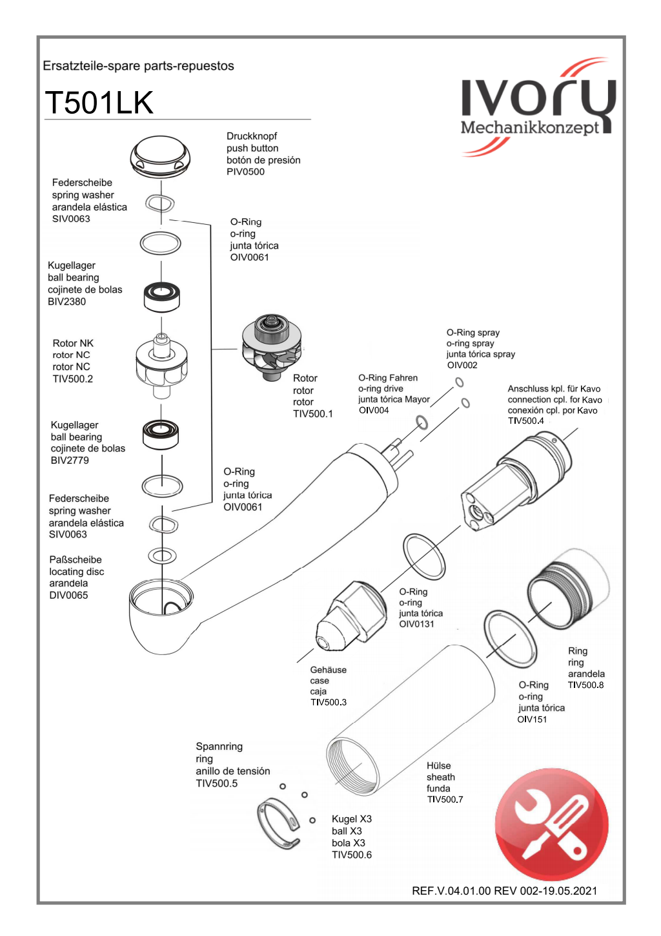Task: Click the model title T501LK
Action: [x=99, y=103]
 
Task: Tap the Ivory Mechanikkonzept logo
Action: [x=538, y=107]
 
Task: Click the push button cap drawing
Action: [x=160, y=156]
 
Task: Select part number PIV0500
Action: [x=245, y=172]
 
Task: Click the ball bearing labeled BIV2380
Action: [x=161, y=296]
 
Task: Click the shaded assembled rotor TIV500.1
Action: [x=272, y=346]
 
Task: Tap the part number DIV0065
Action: [x=68, y=596]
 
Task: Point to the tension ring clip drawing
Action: [x=279, y=823]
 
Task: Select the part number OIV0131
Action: [x=416, y=625]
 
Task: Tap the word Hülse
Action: [x=438, y=766]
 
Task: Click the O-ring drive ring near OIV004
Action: [x=422, y=423]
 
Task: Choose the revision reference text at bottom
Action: [x=504, y=891]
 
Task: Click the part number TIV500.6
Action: [x=351, y=855]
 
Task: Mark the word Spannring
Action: [x=219, y=747]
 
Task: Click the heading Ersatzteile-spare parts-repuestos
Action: [x=138, y=66]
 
